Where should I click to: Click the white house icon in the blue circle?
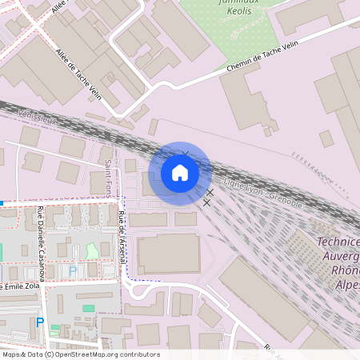180,173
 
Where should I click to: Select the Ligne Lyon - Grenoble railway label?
263,195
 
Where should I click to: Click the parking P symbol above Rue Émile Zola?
73,271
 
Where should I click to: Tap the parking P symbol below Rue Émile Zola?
40,323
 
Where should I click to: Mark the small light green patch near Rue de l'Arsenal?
92,251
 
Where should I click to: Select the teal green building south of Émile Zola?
88,308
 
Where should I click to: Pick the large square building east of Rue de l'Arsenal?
169,254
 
